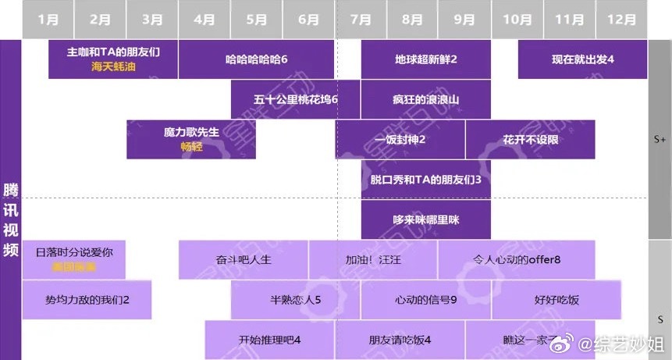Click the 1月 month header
click(48, 20)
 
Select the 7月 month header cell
click(361, 20)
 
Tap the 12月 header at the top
click(621, 20)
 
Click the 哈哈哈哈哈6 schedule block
click(257, 59)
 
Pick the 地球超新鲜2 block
click(425, 59)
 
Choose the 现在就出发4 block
click(582, 59)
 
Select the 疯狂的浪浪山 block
click(425, 99)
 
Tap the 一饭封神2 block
click(400, 140)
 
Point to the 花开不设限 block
click(530, 140)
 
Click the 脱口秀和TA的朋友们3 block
click(425, 180)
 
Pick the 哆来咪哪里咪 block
click(425, 220)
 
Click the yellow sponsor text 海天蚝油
click(113, 67)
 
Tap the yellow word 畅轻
click(191, 146)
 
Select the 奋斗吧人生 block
click(244, 259)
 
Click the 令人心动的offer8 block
click(517, 259)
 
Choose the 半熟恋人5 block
click(296, 300)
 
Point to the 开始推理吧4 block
click(269, 340)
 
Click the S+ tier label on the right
click(660, 139)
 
